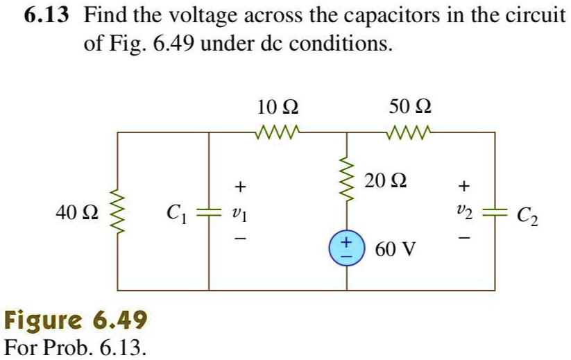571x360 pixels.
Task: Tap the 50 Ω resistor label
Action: [x=409, y=108]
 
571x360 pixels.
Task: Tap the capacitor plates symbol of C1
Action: [x=210, y=211]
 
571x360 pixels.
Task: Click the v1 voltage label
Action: [x=239, y=213]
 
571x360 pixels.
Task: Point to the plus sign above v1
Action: [x=239, y=186]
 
